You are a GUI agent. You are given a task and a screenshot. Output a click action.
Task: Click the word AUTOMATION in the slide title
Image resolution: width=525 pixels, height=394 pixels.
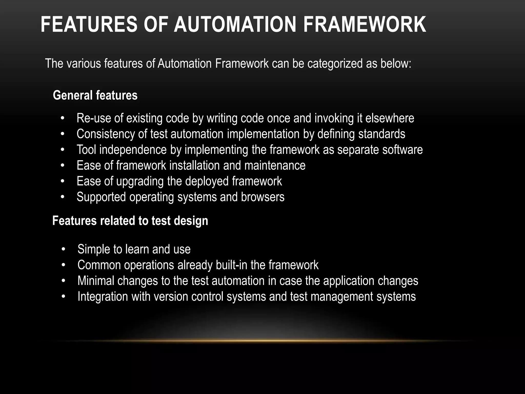click(235, 24)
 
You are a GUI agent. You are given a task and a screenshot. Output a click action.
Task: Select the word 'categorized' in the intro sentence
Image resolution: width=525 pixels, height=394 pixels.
click(335, 63)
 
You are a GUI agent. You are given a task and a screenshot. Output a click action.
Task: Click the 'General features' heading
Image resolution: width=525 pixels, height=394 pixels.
click(95, 95)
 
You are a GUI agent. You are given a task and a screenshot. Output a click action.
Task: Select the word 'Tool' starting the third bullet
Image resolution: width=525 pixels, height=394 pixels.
click(86, 150)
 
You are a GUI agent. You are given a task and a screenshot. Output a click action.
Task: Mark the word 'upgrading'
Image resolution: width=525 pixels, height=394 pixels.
click(140, 181)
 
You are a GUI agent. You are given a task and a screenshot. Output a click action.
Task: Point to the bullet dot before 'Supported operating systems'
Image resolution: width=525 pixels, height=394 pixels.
click(62, 197)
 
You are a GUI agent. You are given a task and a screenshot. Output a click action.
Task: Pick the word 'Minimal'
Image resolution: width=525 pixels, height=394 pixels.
click(96, 281)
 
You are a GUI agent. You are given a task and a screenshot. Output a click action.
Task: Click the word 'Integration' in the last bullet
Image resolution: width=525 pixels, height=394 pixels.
click(103, 297)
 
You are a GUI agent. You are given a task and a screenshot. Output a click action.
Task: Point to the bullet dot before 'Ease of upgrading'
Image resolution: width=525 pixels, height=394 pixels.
click(62, 182)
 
